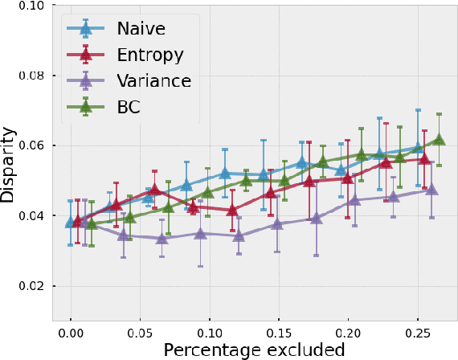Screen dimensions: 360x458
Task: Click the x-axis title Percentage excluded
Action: [x=254, y=350]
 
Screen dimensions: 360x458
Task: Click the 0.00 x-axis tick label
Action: [x=71, y=330]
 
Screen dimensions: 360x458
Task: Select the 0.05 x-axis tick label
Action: [x=140, y=330]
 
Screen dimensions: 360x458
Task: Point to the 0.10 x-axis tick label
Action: [x=209, y=330]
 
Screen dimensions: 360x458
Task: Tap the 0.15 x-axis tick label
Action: [x=278, y=330]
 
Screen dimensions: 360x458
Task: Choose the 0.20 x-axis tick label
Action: [x=347, y=330]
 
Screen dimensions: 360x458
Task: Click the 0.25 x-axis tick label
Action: [x=416, y=330]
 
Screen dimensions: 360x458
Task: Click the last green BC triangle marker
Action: [x=439, y=139]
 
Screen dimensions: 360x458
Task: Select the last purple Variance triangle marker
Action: [x=431, y=190]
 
